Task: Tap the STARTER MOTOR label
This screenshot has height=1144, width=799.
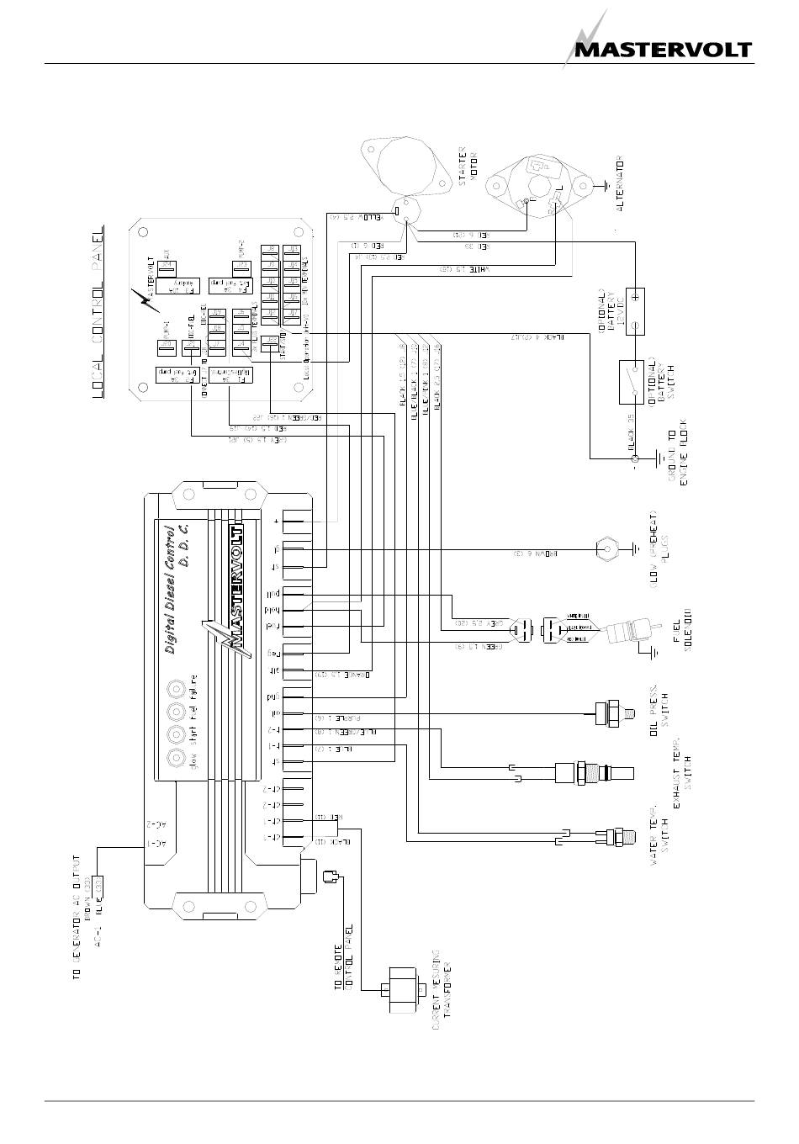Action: tap(467, 167)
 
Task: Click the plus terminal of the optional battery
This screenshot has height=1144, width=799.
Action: tap(636, 296)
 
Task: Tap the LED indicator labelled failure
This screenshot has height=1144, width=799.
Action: tap(177, 689)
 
